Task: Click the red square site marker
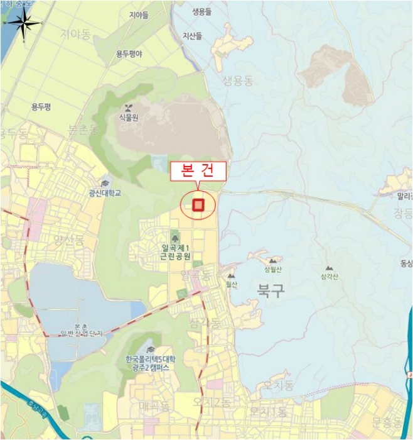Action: coord(198,205)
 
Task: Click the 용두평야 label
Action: coord(129,55)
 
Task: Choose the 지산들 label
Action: coord(193,36)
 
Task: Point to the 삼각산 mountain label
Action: coord(328,277)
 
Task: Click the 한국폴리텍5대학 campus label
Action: coord(151,359)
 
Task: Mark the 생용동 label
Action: coord(237,80)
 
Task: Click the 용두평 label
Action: coord(41,107)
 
